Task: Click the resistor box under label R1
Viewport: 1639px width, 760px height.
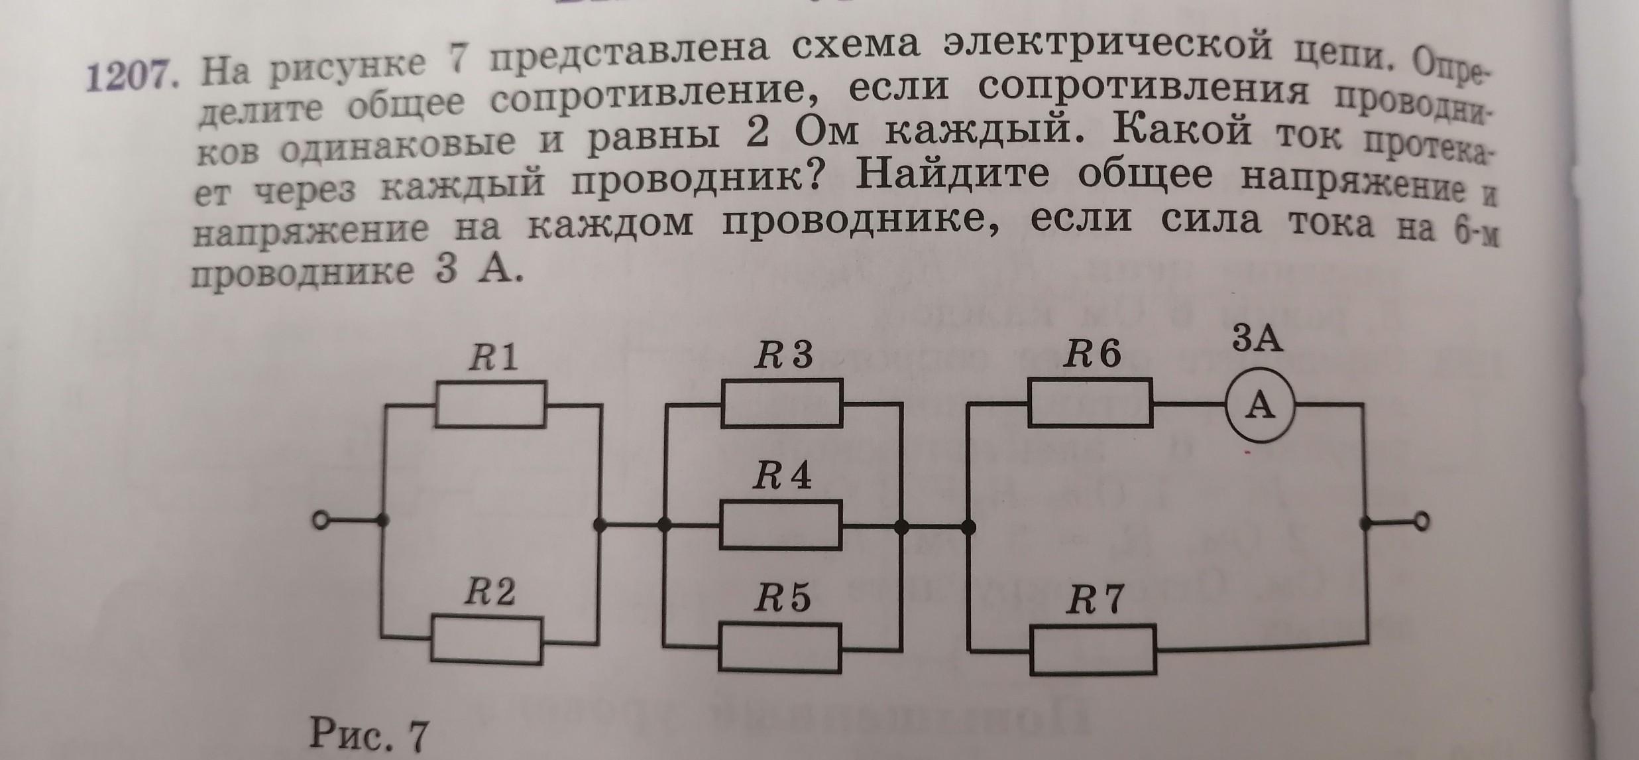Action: [x=490, y=404]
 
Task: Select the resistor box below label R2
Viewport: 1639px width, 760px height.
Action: [x=486, y=640]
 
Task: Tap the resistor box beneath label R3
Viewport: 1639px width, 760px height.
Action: [x=782, y=403]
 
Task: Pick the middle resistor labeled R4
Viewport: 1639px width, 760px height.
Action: [x=781, y=525]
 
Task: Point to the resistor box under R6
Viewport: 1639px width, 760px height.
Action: [x=1090, y=403]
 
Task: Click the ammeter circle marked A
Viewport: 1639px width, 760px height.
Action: [x=1260, y=405]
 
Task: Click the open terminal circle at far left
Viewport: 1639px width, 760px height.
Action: [x=321, y=522]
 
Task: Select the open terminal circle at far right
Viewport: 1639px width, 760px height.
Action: [x=1420, y=522]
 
